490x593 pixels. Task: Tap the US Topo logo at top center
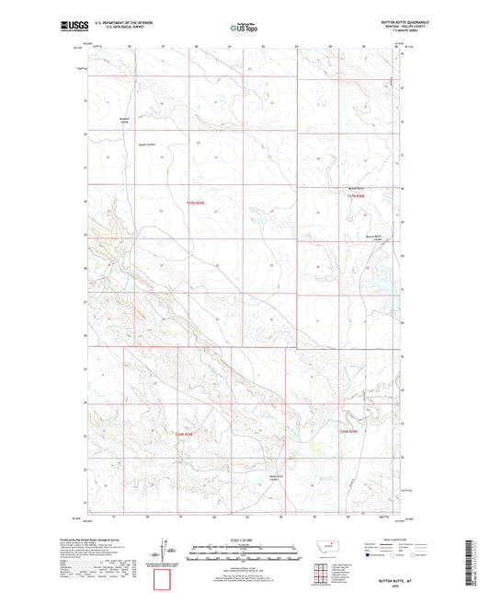tap(242, 29)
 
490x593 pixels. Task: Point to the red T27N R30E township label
tap(357, 197)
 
